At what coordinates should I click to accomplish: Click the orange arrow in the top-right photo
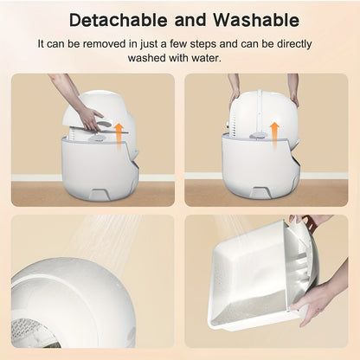click(275, 132)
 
